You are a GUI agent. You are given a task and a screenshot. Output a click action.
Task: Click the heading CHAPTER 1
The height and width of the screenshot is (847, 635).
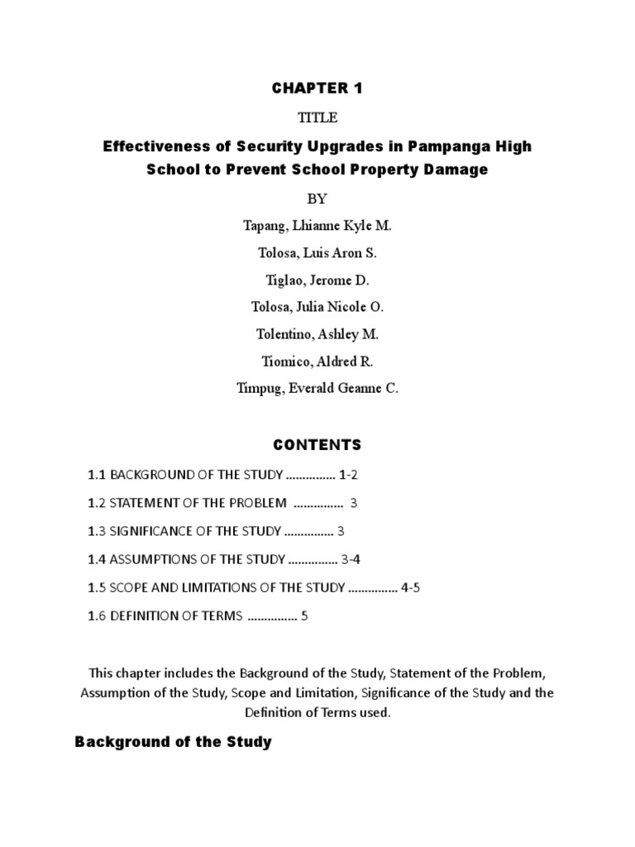click(317, 89)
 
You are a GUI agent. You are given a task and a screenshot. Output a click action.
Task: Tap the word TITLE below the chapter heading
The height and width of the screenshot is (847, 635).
click(317, 117)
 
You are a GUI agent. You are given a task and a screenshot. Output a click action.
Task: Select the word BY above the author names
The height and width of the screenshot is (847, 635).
click(317, 199)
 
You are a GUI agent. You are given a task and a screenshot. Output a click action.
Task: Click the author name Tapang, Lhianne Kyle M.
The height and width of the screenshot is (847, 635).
click(317, 226)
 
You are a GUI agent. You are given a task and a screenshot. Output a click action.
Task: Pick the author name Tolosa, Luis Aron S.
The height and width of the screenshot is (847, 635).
click(317, 253)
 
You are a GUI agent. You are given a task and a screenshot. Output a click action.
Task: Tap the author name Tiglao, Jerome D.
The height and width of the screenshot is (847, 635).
click(317, 280)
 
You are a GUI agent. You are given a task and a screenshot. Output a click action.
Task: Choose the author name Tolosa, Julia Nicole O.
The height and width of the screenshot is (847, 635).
click(317, 307)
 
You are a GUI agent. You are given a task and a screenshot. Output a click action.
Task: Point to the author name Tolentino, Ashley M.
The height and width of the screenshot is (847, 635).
click(317, 334)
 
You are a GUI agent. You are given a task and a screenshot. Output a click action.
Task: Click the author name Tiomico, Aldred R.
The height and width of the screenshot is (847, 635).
click(317, 361)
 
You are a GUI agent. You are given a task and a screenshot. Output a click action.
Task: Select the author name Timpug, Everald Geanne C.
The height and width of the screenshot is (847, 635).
click(317, 388)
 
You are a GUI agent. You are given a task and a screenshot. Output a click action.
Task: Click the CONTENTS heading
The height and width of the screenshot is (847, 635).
click(317, 445)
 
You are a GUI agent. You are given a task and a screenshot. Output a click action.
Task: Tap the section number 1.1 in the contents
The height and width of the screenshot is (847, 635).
click(98, 475)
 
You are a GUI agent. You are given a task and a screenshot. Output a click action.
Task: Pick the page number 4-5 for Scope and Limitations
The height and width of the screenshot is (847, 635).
click(411, 587)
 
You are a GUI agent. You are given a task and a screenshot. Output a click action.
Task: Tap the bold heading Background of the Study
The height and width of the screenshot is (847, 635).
click(173, 742)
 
